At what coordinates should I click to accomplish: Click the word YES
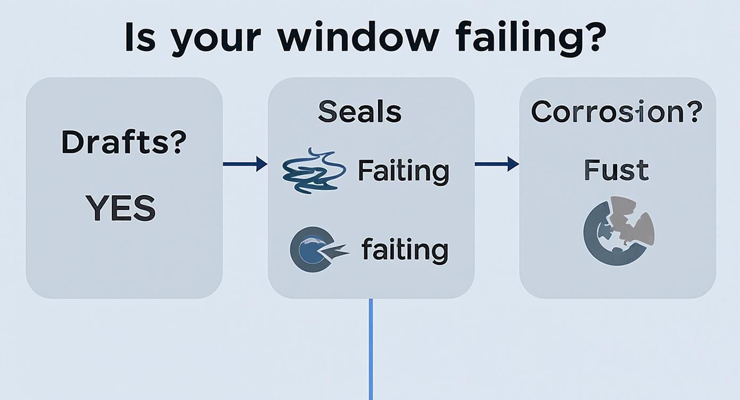click(121, 209)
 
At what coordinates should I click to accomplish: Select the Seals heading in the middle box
click(359, 111)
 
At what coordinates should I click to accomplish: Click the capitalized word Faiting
click(403, 171)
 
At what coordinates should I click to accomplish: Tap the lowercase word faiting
click(405, 250)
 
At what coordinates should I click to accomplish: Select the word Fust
click(616, 170)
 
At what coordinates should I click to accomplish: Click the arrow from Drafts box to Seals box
click(245, 164)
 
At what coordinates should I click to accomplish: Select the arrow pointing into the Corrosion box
click(497, 164)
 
